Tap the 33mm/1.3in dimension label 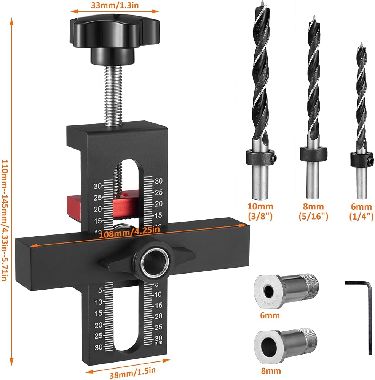coord(115,5)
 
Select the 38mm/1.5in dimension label coord(132,372)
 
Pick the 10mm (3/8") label coord(260,211)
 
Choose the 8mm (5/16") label coord(313,211)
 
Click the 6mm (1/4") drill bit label coord(361,211)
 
